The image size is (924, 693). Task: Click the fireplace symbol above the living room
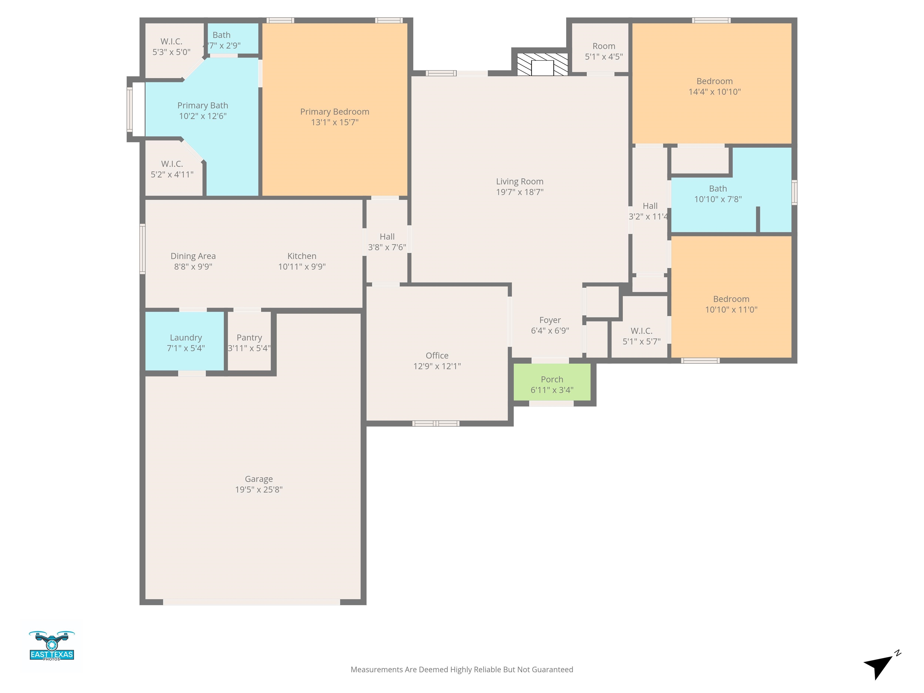542,64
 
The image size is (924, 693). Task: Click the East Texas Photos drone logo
52,645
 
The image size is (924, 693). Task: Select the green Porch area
552,382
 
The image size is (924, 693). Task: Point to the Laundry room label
186,337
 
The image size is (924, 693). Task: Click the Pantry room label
249,337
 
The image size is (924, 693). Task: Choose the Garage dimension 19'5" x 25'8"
259,490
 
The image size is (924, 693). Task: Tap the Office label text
437,356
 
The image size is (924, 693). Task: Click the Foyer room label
550,320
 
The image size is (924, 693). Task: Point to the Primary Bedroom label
334,112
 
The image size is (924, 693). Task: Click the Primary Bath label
203,105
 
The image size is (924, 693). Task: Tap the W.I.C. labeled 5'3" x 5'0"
171,46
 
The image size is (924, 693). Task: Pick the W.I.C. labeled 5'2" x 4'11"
172,169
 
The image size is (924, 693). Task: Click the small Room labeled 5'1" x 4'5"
604,51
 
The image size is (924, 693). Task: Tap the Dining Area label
193,256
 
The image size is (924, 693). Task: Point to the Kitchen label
302,256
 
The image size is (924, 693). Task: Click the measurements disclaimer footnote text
462,670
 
